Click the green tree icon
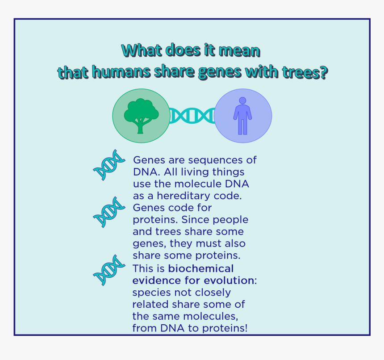pos(141,116)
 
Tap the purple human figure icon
pos(242,116)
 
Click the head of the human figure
pos(242,100)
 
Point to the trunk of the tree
pos(140,127)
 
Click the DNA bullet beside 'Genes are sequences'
pos(109,165)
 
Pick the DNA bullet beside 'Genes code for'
pos(109,212)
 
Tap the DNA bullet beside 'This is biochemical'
pos(109,270)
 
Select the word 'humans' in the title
pos(121,72)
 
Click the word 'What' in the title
pos(142,50)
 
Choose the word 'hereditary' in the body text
pos(184,196)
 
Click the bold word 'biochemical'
pos(201,268)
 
